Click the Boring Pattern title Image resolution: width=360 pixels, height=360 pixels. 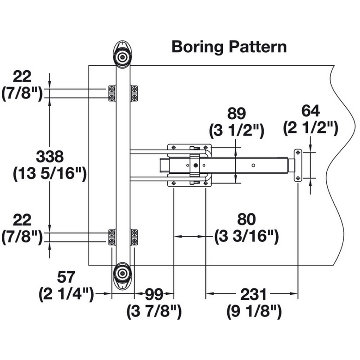[229, 47]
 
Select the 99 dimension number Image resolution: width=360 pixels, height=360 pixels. [154, 295]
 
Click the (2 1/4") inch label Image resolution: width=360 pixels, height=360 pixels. [66, 295]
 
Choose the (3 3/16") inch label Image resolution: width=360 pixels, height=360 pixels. [246, 236]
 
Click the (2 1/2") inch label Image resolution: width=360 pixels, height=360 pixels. [310, 129]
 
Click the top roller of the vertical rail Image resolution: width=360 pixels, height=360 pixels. [122, 56]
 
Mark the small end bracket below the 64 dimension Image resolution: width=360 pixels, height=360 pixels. [297, 166]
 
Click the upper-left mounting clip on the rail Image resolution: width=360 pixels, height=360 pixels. [112, 93]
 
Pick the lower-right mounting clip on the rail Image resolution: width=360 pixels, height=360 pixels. [134, 237]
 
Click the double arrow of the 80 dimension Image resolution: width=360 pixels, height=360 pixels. [189, 236]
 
